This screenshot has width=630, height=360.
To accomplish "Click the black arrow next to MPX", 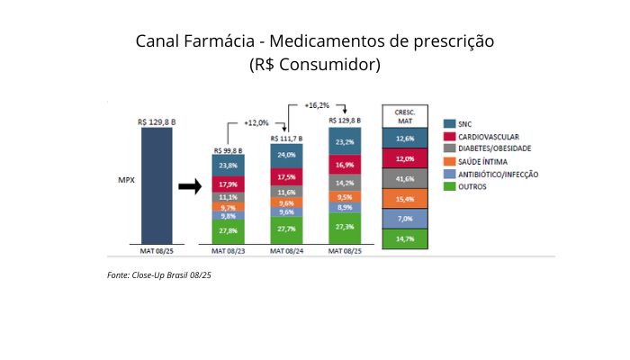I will pos(188,187).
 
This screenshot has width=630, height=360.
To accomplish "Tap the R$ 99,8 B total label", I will pos(228,150).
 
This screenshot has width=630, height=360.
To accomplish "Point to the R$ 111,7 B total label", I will pos(286,139).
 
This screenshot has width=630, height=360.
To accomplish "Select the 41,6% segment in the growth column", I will pos(404,179).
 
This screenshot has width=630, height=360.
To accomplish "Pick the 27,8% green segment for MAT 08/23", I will pos(228,231).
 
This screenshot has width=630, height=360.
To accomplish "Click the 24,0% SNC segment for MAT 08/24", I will pos(286,155).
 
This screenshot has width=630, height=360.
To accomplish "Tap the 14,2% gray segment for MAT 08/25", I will pos(345,181).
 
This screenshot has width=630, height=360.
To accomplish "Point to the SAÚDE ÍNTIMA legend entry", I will pos(482,161).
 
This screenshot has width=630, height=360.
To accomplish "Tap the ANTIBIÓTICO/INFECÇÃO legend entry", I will pos(498,174).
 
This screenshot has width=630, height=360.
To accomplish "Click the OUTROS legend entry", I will pos(470,186).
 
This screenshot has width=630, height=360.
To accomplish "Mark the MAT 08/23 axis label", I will pos(228,250).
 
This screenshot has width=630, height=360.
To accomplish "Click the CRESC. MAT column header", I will pos(404,115).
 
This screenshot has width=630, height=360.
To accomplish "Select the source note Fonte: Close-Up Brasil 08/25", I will pos(158,274).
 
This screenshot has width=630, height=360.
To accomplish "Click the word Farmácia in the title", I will pos(227,41).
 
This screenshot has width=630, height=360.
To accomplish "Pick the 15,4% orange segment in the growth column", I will pos(404,199).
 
